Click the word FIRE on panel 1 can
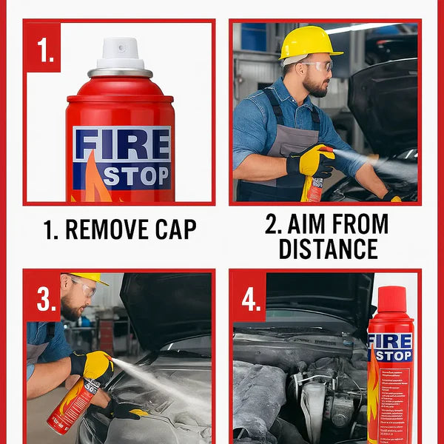coord(121,145)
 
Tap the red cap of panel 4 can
coord(391,300)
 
